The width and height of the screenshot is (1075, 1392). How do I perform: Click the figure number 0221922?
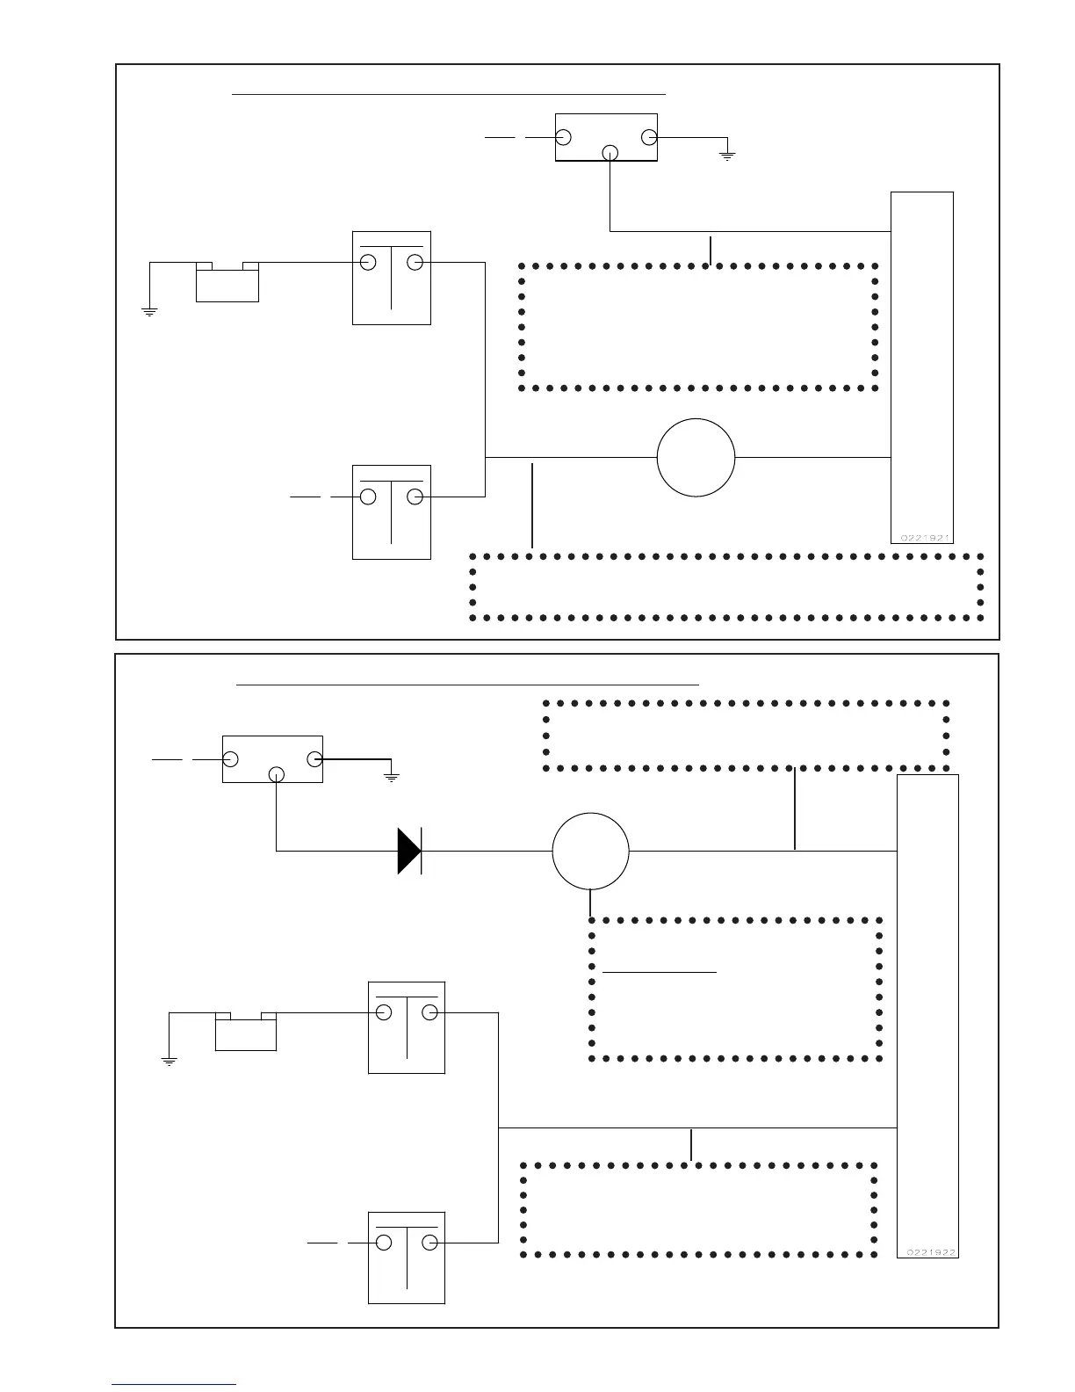point(927,1251)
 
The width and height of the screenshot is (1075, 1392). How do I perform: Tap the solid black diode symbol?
point(409,851)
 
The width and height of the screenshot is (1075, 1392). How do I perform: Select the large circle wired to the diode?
point(590,851)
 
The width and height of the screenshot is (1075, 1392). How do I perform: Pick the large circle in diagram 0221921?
point(696,457)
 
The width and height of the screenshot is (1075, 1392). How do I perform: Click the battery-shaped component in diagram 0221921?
point(227,283)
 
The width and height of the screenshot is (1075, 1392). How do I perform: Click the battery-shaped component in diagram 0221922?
point(246,1032)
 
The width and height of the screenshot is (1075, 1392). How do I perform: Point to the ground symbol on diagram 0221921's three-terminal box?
point(727,156)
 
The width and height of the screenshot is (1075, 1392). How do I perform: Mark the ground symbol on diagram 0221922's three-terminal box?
point(392,776)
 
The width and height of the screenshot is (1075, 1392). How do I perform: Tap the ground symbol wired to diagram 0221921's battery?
point(149,310)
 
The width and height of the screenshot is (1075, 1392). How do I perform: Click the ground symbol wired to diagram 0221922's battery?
point(170,1061)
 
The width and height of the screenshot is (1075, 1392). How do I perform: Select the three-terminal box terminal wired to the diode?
point(277,774)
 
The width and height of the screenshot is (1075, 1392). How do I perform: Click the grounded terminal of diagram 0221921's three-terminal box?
point(649,137)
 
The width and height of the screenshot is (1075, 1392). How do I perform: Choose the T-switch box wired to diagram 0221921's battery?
point(392,278)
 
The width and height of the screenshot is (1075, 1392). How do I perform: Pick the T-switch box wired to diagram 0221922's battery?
point(407,1027)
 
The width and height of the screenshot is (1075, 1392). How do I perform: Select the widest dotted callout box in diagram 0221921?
point(727,586)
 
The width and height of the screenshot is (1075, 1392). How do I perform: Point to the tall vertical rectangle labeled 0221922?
point(927,1015)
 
